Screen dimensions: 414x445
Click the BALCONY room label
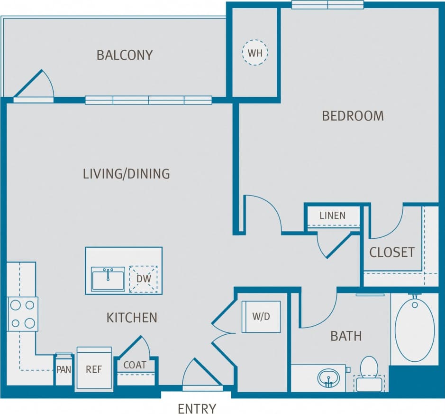click(125, 55)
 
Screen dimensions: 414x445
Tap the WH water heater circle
click(255, 52)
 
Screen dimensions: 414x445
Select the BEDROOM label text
click(353, 116)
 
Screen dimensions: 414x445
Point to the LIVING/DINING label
click(126, 174)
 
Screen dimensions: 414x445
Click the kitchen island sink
click(108, 278)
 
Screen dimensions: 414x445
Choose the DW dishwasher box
click(143, 279)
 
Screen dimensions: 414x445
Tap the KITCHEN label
click(132, 317)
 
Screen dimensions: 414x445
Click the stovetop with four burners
click(22, 314)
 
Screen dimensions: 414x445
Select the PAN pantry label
click(63, 369)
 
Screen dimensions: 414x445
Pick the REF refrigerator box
click(94, 369)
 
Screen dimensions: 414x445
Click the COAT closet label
click(135, 365)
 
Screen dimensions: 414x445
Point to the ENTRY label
click(197, 408)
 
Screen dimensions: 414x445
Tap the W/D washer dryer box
click(261, 317)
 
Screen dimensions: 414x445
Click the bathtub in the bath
click(414, 329)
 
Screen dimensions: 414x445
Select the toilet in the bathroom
click(369, 373)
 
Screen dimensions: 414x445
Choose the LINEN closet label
click(332, 216)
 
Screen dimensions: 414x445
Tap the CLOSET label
click(391, 252)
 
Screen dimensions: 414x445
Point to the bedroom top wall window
click(327, 5)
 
